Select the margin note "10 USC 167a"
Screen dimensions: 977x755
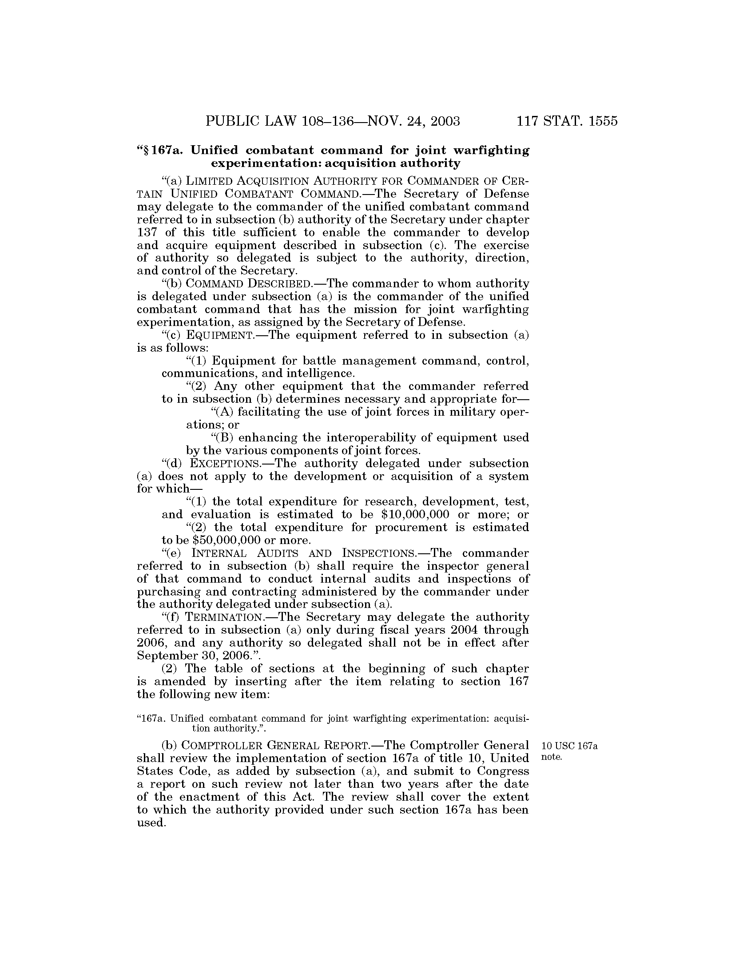(x=569, y=746)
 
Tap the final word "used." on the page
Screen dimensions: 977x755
(x=151, y=823)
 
